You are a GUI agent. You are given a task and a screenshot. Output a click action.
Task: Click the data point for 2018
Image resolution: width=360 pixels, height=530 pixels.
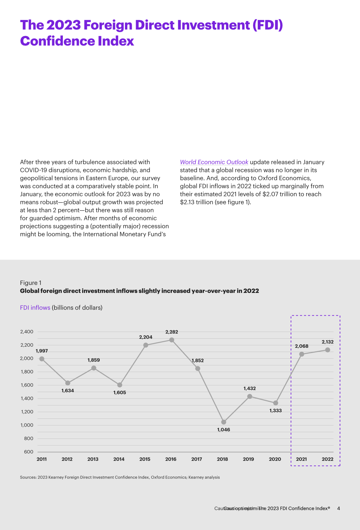point(224,422)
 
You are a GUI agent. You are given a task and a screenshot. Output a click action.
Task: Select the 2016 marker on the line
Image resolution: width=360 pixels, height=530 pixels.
point(171,340)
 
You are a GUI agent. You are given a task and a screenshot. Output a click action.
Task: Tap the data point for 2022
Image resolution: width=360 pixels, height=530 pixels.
point(328,350)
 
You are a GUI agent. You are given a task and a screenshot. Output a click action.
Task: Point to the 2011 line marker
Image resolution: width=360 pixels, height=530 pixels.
point(42,359)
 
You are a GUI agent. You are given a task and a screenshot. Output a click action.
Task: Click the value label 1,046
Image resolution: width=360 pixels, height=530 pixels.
point(224,430)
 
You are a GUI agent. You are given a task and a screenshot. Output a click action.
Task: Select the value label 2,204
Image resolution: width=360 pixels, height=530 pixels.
point(146,337)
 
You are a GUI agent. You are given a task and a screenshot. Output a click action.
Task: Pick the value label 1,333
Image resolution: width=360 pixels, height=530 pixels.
point(276,411)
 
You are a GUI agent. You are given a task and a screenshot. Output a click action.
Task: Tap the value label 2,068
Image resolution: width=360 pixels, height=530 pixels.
point(302,346)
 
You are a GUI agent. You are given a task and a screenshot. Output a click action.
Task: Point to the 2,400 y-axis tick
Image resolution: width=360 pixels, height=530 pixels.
point(27,332)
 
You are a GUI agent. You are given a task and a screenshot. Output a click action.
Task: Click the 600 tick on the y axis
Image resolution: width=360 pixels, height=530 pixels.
point(29,452)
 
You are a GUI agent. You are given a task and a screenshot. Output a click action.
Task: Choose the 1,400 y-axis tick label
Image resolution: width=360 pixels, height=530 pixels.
point(27,398)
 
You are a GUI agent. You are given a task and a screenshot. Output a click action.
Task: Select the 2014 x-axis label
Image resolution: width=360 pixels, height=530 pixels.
point(119,459)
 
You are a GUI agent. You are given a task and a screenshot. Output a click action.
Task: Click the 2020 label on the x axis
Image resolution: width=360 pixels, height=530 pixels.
point(275,459)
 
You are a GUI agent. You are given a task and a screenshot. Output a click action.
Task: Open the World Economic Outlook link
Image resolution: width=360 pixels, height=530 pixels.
point(214,162)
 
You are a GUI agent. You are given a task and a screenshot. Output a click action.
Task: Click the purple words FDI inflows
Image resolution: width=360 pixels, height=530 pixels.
point(35,308)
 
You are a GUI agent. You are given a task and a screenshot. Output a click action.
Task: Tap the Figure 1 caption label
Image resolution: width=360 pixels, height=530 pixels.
point(31,283)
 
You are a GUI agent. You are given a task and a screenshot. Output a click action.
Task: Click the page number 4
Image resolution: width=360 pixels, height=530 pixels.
point(339,508)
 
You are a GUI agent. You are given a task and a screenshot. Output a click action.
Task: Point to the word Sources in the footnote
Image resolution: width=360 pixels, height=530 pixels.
point(28,477)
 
